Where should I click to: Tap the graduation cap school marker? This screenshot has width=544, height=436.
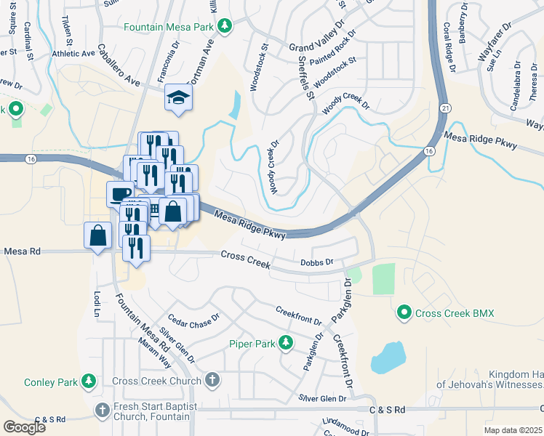[x=177, y=97]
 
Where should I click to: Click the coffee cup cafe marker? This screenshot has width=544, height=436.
[x=120, y=193]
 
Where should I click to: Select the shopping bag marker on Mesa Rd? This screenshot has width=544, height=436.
[x=97, y=235]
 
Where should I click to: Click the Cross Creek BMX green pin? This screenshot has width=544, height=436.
[x=404, y=313]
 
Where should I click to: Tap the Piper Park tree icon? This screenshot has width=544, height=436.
[x=287, y=342]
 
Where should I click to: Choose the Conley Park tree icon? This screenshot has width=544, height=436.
[x=89, y=381]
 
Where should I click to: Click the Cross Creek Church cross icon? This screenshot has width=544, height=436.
[x=212, y=380]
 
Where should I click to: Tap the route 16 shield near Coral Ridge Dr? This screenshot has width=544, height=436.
[x=429, y=151]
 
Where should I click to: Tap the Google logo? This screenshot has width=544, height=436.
[x=24, y=427]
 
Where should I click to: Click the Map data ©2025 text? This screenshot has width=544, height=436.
[x=513, y=430]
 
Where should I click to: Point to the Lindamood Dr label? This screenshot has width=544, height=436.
[x=346, y=424]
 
